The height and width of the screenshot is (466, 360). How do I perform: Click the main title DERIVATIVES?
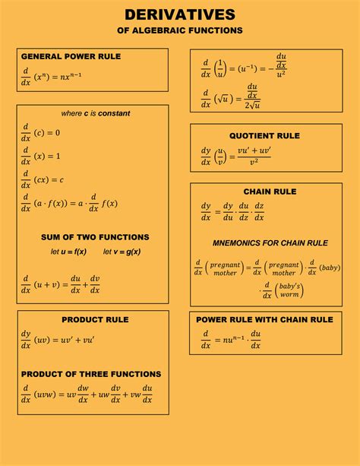tap(180, 14)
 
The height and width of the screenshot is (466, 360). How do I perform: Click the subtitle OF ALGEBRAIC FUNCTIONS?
tap(180, 30)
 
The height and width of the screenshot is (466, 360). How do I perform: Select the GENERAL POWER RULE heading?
tap(71, 56)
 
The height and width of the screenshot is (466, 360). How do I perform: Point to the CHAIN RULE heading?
tap(270, 192)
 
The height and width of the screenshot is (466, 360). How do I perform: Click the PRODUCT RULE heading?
tap(95, 319)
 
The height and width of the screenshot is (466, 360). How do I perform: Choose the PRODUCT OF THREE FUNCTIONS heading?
tap(91, 374)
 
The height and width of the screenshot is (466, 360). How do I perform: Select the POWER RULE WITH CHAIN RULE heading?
tap(264, 320)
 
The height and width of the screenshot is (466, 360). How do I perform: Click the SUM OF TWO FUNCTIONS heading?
tap(95, 237)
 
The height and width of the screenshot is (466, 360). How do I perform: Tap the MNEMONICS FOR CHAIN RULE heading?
tap(270, 243)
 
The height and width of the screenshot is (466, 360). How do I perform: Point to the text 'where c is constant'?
tap(96, 113)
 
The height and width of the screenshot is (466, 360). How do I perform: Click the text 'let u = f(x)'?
tap(68, 252)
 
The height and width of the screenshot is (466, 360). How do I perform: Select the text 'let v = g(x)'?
tap(122, 252)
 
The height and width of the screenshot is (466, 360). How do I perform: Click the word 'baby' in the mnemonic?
tap(330, 268)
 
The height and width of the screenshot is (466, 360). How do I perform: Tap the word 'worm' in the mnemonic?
tap(289, 294)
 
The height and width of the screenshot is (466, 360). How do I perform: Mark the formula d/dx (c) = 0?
tap(41, 132)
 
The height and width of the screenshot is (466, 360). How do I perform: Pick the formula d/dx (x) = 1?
tap(41, 156)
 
